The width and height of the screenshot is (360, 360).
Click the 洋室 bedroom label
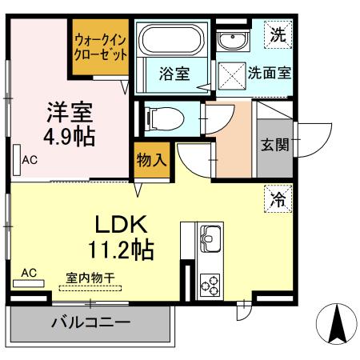click(x=70, y=110)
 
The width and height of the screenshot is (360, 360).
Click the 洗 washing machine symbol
click(x=277, y=34)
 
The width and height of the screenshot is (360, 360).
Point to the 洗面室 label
click(x=268, y=72)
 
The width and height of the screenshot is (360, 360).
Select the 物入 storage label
click(x=151, y=158)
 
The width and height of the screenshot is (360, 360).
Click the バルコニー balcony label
click(x=90, y=324)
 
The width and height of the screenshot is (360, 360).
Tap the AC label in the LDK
click(x=28, y=274)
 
